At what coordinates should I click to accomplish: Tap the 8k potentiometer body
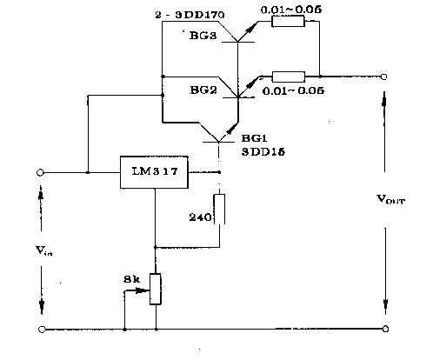157,288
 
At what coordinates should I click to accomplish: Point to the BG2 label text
203,90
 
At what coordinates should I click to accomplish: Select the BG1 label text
253,137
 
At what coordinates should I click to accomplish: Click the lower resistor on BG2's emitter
287,76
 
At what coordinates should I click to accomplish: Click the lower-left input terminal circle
41,329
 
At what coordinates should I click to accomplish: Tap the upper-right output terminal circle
384,76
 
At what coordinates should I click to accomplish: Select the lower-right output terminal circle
384,329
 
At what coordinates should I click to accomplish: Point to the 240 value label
199,217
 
